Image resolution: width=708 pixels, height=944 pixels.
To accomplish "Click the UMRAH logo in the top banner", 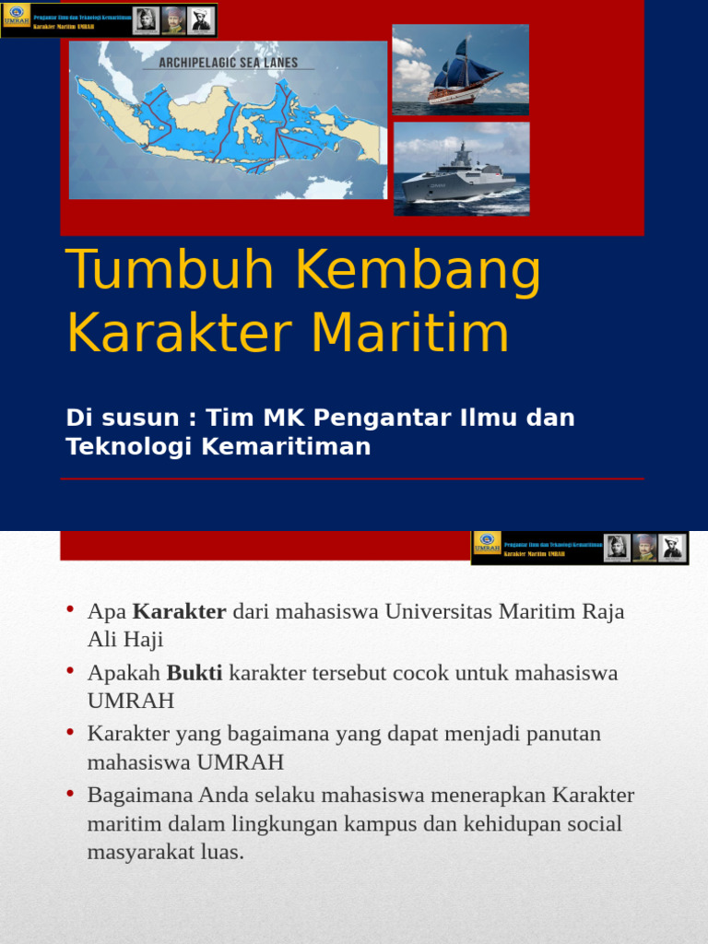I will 18,19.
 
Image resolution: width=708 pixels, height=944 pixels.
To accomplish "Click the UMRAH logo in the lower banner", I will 488,546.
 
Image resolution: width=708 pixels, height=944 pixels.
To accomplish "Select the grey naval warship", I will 460,174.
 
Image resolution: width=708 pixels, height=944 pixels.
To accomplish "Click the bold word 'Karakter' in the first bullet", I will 180,611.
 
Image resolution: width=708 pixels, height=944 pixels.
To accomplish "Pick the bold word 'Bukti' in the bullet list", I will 195,672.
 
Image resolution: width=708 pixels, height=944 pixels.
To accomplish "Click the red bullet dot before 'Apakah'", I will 70,672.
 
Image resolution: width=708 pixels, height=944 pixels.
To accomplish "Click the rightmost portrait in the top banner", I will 200,20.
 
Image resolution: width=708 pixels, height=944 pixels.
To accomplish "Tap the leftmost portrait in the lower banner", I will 617,547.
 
